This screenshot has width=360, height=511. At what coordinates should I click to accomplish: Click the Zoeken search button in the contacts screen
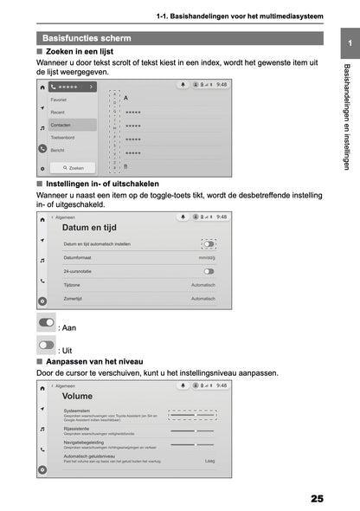pos(73,167)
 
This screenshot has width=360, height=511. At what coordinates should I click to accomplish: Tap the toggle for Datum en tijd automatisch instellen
pos(209,244)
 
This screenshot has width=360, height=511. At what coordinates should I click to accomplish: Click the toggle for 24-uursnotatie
pos(209,271)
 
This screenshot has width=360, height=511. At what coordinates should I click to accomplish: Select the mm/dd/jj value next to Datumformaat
pos(206,258)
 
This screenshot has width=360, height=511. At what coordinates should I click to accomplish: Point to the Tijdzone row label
pos(72,284)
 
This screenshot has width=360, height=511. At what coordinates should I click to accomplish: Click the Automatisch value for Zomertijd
pos(203,297)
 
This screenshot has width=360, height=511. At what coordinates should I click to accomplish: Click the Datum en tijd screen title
pos(90,228)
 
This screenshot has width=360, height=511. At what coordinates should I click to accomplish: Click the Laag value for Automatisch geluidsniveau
pos(209,461)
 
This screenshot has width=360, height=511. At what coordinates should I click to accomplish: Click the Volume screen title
pos(77,396)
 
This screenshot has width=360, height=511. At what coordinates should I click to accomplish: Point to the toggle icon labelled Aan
pos(46,322)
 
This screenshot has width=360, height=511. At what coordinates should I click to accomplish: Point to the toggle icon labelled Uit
pos(46,345)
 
